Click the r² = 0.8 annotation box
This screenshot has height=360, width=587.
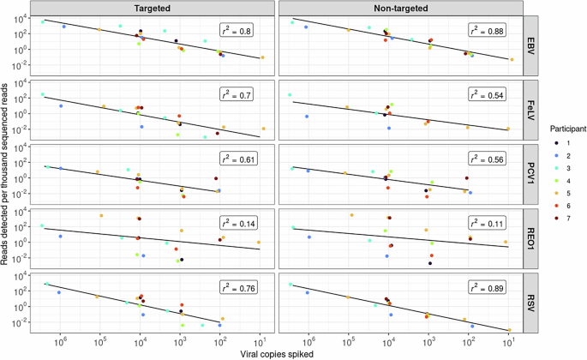tap(240, 30)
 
